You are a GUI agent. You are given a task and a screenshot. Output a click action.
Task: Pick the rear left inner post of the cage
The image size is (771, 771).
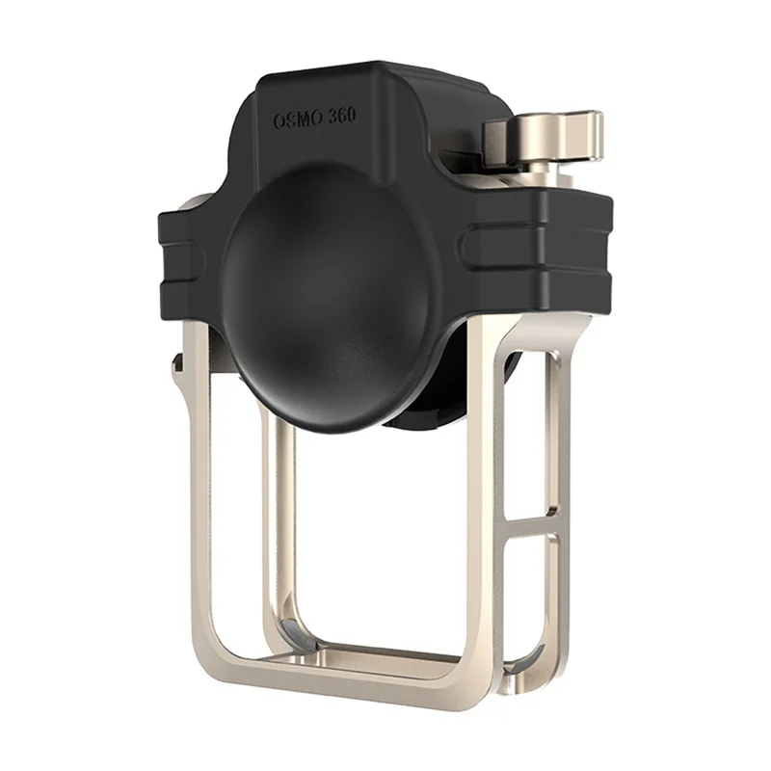(x=280, y=520)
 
